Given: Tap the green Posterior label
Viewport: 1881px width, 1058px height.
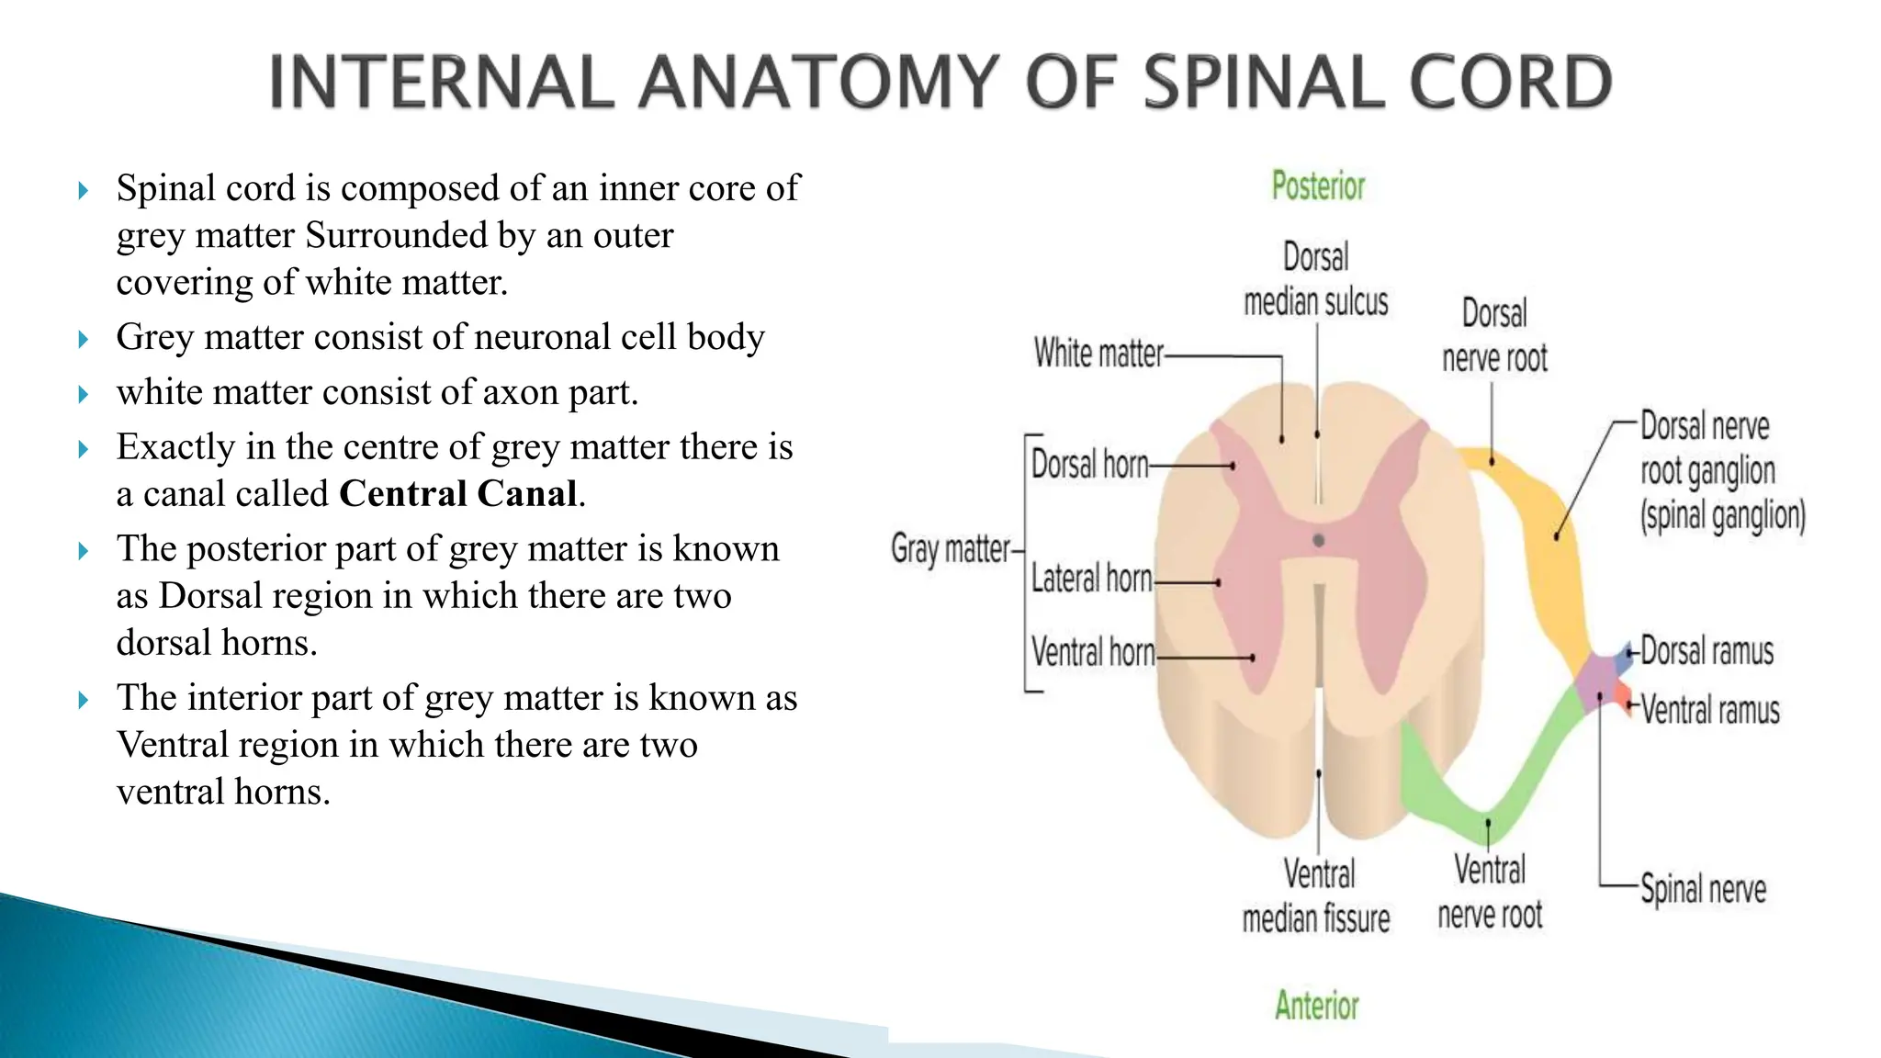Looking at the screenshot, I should (x=1318, y=186).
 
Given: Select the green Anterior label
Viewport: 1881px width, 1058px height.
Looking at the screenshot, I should (x=1316, y=1006).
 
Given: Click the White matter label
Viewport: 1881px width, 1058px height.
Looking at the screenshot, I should (x=1098, y=353).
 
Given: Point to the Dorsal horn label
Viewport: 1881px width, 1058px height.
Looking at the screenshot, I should (x=1089, y=465).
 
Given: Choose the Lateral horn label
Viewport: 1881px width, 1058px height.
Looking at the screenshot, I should (x=1091, y=579).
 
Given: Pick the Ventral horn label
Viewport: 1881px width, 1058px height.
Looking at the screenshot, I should (x=1093, y=652).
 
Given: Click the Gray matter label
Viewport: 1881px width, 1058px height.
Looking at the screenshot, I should (x=951, y=549).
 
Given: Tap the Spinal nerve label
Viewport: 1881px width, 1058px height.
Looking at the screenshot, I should (x=1703, y=889).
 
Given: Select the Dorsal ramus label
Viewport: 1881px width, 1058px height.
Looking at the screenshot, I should (x=1706, y=651).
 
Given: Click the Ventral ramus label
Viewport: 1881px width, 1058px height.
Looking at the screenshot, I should (x=1710, y=710).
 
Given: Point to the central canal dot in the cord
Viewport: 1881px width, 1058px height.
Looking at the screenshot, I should (x=1319, y=541).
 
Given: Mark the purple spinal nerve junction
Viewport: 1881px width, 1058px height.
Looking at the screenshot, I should (x=1600, y=680).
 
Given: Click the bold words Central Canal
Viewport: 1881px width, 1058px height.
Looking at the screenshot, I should (x=458, y=494).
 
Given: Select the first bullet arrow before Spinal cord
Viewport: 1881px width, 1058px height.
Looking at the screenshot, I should (x=84, y=191).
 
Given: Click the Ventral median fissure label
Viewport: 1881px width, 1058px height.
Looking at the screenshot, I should (x=1317, y=896).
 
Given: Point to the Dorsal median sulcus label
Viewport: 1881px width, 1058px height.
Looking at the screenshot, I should (x=1316, y=279).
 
